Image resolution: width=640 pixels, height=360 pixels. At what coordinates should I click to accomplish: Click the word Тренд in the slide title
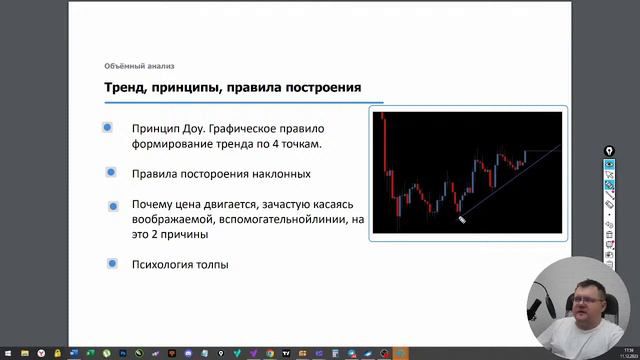pyautogui.click(x=124, y=88)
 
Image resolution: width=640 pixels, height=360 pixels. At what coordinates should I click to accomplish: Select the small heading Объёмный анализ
pyautogui.click(x=139, y=66)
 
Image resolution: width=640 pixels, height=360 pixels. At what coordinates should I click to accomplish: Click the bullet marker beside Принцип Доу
pyautogui.click(x=107, y=127)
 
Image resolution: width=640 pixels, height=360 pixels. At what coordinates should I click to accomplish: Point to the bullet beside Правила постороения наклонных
pyautogui.click(x=111, y=172)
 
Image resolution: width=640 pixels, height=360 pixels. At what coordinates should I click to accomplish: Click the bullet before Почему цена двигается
pyautogui.click(x=113, y=206)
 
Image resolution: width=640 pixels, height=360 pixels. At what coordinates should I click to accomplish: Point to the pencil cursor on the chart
pyautogui.click(x=461, y=219)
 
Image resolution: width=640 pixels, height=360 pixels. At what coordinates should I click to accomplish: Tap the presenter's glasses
pyautogui.click(x=581, y=295)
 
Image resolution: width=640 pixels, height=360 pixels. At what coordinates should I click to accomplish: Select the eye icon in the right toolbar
pyautogui.click(x=609, y=163)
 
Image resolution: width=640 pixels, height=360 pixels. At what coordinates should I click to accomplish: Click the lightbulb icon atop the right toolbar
pyautogui.click(x=609, y=150)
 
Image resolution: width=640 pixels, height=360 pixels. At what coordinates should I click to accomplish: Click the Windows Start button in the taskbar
pyautogui.click(x=8, y=353)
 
